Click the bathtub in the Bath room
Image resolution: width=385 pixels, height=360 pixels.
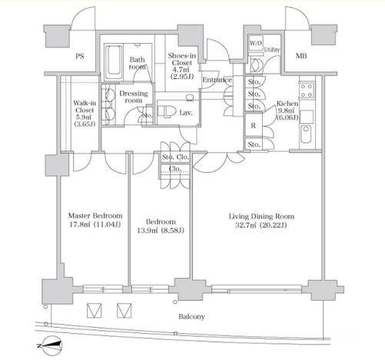(114, 63)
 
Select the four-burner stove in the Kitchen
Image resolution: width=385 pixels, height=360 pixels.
(307, 90)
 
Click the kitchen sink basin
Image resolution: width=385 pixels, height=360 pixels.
(306, 134)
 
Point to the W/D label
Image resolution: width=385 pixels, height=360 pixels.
(256, 43)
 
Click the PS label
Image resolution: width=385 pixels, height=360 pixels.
(80, 56)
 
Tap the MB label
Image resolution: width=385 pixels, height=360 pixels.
(301, 55)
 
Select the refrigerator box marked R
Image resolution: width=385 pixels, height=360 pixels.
(253, 125)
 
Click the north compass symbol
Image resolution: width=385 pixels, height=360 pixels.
(51, 346)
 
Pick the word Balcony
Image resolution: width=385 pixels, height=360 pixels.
(191, 317)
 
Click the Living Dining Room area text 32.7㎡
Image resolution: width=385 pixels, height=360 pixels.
(246, 226)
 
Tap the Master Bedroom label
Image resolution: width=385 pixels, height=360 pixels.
(95, 216)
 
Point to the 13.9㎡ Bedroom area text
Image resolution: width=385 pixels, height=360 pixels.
(148, 230)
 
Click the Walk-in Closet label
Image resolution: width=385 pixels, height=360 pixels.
(85, 107)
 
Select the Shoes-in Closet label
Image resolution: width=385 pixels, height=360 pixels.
(182, 59)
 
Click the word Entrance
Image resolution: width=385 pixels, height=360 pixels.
(217, 80)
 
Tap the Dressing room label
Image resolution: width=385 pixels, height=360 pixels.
(134, 97)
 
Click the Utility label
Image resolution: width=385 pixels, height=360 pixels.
(272, 50)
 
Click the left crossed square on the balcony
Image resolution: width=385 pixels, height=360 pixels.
(94, 311)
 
